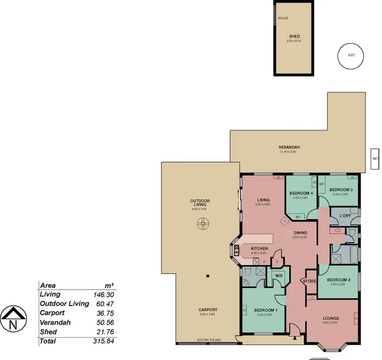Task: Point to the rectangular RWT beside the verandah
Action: point(375,159)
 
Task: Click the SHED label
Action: point(294,36)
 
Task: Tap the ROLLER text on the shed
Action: point(283,18)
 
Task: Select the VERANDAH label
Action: point(289,147)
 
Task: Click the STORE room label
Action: point(309,281)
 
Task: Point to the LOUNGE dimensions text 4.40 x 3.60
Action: point(331,323)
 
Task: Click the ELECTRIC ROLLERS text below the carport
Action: point(209,340)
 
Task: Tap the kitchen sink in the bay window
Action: point(237,251)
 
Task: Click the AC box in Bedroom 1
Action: point(245,310)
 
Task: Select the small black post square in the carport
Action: point(207,276)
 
